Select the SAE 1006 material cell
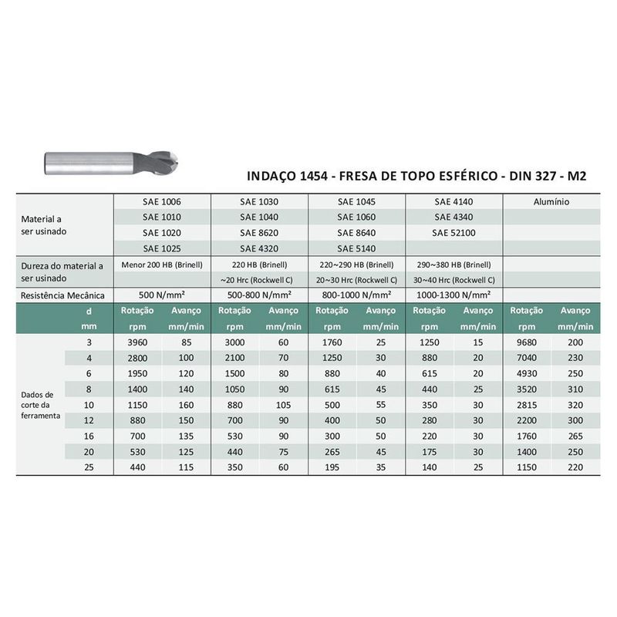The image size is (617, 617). (161, 201)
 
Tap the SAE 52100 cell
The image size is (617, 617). (453, 232)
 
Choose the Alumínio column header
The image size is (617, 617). (551, 201)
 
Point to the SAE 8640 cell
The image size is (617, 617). (356, 232)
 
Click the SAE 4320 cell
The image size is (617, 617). (258, 248)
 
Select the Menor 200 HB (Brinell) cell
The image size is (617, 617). (162, 265)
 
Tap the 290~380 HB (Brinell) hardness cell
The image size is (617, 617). (453, 265)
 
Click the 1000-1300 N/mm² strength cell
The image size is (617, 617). (453, 295)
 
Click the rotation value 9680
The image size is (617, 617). (527, 342)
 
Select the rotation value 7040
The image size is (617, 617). (527, 358)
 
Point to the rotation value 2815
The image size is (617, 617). (527, 404)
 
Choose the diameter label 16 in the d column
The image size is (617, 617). (89, 436)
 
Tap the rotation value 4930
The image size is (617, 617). (527, 373)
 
